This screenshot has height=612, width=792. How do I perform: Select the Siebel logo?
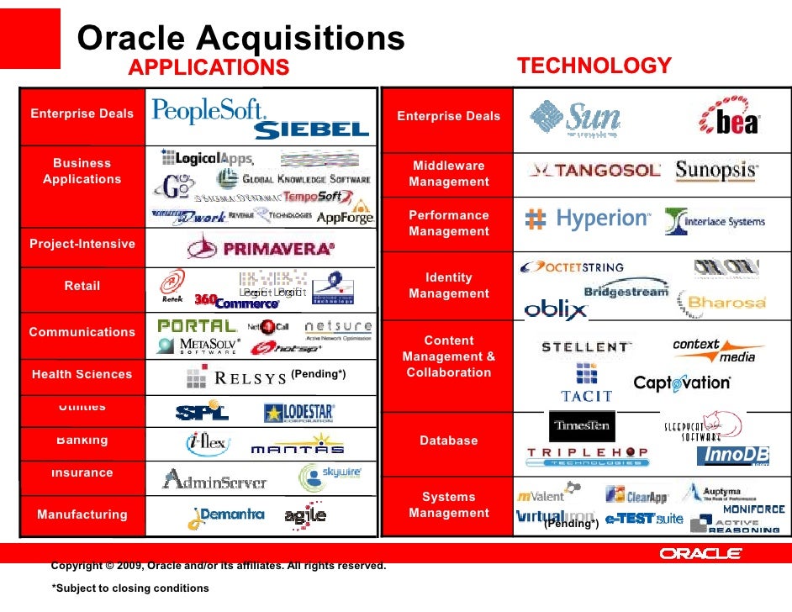[x=311, y=129]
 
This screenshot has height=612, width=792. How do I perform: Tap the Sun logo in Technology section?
[x=576, y=119]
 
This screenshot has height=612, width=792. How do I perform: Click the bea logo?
[x=729, y=119]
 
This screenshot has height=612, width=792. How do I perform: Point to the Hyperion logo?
[x=588, y=219]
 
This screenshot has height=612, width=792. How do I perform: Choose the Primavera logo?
[x=261, y=248]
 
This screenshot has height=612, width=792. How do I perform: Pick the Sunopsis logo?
[x=716, y=170]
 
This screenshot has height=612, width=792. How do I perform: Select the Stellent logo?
[x=585, y=346]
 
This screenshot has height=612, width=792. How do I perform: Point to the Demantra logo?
[x=227, y=514]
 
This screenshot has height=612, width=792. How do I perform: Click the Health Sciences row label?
[x=82, y=374]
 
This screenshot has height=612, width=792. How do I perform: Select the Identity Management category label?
[x=448, y=285]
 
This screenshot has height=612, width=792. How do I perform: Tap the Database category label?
[x=448, y=441]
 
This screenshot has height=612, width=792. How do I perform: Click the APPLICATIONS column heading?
[x=209, y=67]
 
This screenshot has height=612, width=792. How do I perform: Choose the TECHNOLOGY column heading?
[x=594, y=66]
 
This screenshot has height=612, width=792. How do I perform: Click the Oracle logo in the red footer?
[x=700, y=553]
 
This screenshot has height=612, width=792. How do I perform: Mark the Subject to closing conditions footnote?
[x=130, y=588]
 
